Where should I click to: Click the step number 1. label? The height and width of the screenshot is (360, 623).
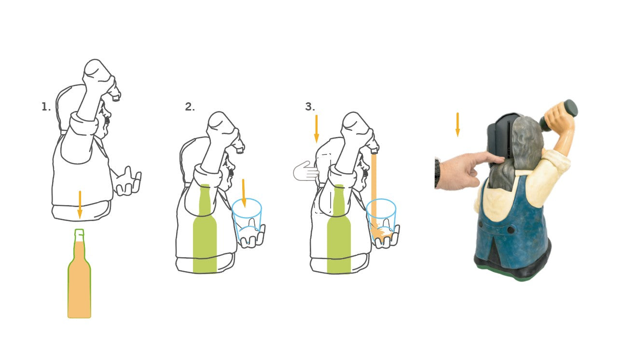46,107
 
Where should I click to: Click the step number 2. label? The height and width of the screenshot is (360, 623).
190,107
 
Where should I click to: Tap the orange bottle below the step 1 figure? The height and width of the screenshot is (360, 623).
79,274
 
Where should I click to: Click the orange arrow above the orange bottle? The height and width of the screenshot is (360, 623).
80,205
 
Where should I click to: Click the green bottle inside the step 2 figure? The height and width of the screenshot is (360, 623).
205,228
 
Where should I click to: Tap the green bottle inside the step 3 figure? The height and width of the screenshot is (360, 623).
339,229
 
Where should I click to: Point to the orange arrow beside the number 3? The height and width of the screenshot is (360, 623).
316,129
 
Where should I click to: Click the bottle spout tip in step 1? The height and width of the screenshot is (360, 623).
115,98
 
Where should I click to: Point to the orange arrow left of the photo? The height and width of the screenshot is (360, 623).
457,125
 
